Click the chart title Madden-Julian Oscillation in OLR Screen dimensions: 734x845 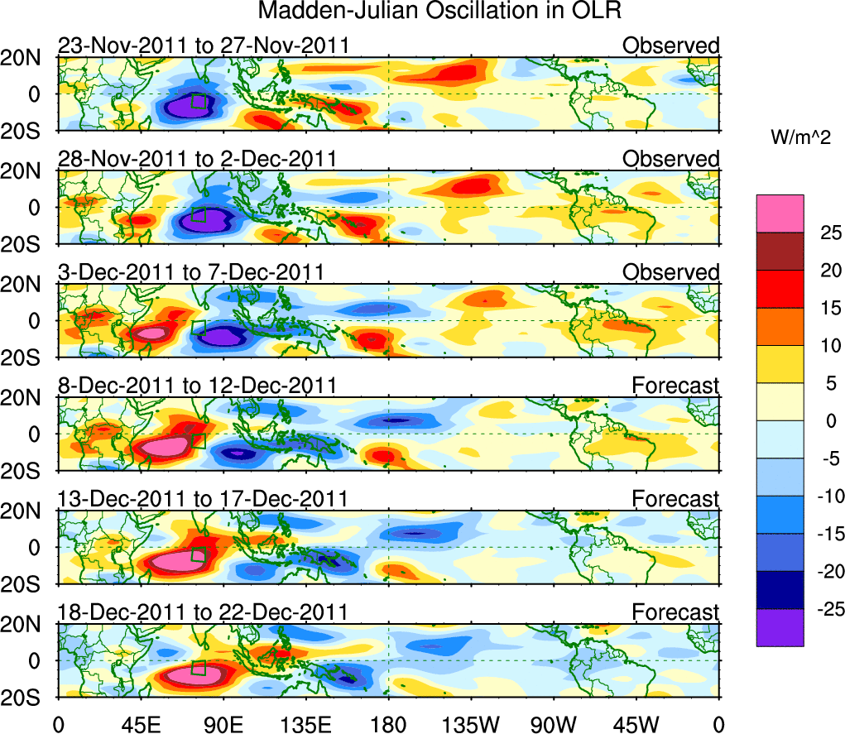pos(439,12)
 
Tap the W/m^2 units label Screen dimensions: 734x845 pos(800,138)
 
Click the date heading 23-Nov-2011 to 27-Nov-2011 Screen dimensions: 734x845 pos(203,46)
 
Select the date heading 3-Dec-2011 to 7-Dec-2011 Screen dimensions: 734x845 pos(190,272)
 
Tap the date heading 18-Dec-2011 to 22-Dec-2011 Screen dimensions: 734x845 pos(203,612)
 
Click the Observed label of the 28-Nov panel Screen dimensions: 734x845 pos(671,159)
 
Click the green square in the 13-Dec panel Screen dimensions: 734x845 pos(198,554)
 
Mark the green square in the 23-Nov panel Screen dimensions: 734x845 pos(199,101)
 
